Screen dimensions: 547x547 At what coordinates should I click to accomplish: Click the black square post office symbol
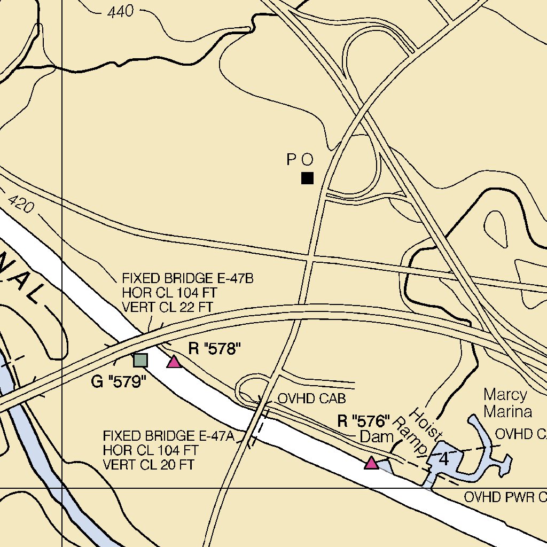pos(307,178)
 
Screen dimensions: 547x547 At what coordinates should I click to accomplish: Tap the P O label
pos(299,159)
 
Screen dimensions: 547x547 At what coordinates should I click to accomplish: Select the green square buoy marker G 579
pos(140,360)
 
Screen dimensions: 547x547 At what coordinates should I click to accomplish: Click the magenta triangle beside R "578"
pos(174,362)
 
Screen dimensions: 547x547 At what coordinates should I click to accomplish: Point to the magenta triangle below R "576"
pos(371,463)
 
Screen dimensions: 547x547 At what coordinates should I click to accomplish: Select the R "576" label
pos(364,421)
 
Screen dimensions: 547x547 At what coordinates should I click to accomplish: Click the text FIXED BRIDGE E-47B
pos(187,278)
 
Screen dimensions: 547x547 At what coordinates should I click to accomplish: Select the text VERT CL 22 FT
pos(168,307)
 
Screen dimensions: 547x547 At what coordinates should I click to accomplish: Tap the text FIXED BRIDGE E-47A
pos(169,435)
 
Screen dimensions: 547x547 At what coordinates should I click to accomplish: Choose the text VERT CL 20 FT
pos(149,464)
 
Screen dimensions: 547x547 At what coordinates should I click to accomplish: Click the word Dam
pos(377,436)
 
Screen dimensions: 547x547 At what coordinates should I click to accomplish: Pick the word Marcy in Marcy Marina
pos(505,395)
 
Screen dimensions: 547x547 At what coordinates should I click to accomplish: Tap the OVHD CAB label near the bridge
pos(312,398)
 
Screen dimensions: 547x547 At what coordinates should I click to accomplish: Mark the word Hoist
pos(426,423)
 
